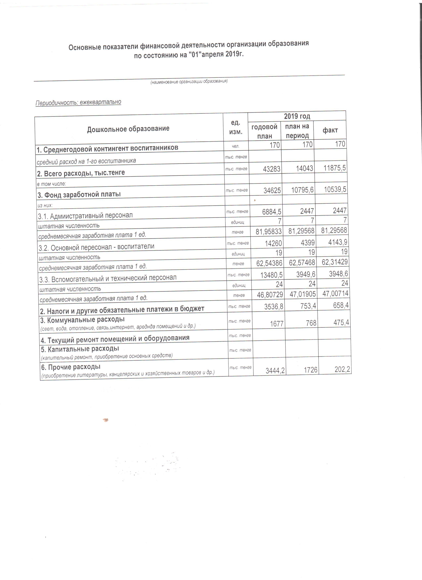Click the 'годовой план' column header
tap(264, 131)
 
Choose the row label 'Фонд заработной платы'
tap(79, 195)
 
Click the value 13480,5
tap(272, 275)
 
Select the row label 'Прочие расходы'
tap(71, 367)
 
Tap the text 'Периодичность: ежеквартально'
tap(78, 103)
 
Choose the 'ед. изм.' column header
tap(235, 127)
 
